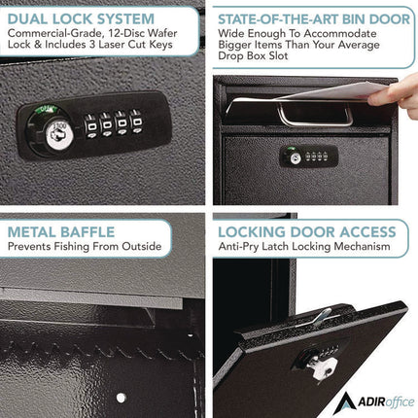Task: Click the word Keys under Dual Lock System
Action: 180,52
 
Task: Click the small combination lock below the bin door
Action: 305,156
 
